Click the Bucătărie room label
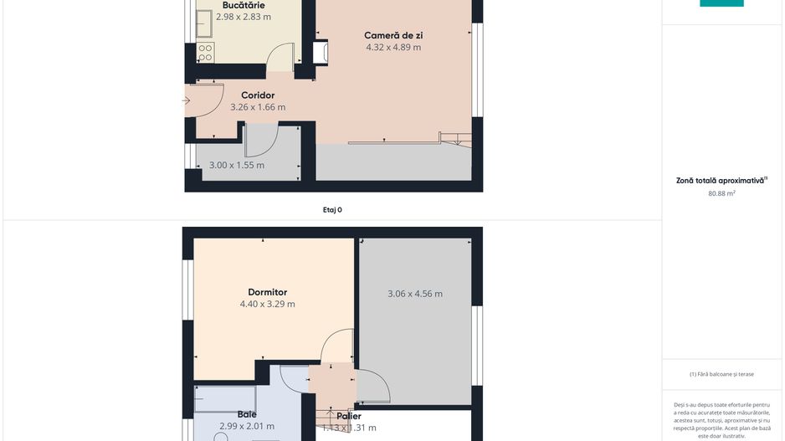point(243,5)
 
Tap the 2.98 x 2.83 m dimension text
point(243,17)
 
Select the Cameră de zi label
point(393,35)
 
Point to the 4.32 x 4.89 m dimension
point(393,48)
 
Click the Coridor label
point(258,95)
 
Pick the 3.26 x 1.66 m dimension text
point(258,107)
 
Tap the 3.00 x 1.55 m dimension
point(236,166)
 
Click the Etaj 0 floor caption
point(332,210)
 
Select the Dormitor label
point(267,292)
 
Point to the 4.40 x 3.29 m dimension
point(267,305)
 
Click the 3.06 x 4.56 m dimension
point(415,294)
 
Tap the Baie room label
point(247,414)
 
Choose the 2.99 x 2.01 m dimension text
point(247,427)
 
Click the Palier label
point(349,416)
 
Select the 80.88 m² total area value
point(721,193)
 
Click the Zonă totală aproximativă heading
point(721,180)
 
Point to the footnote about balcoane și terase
point(721,374)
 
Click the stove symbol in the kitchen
point(205,53)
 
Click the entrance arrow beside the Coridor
point(187,101)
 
